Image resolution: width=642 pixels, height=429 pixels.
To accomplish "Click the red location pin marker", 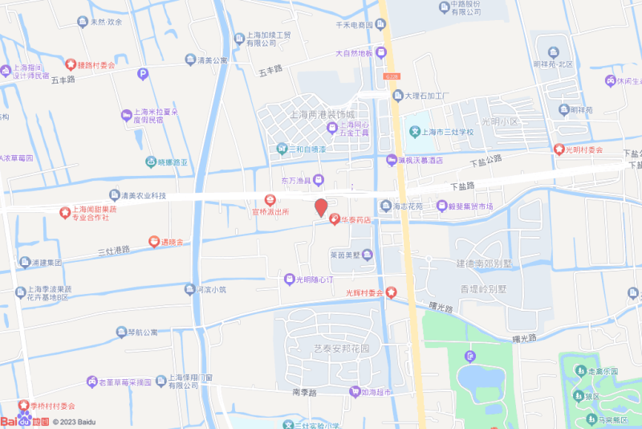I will point(320,207).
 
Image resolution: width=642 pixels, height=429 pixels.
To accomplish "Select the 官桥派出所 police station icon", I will point(270,200).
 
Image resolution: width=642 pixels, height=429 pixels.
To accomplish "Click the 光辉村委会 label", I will point(364,292).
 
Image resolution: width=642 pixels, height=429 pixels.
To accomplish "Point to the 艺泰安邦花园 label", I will point(341,349).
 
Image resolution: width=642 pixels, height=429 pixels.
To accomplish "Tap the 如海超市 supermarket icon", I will point(354,392).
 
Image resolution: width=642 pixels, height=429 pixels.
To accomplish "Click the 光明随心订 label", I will point(314,280).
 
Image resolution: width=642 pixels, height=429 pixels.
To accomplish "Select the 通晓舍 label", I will point(172,241).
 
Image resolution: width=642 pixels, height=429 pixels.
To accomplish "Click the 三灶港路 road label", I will point(113,251).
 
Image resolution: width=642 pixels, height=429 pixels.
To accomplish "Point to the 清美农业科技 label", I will point(143,195).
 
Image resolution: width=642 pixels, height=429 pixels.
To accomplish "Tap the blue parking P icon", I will point(144,75).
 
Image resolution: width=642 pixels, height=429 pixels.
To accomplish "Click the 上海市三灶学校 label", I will point(449,132).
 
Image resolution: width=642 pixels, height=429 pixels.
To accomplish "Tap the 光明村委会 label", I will point(583,149).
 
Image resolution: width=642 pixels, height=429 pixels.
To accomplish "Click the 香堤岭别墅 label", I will point(484,288).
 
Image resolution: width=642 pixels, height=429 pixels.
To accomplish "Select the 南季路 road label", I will point(305,392).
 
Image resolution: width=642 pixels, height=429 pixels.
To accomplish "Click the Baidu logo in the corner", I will point(24,421).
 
